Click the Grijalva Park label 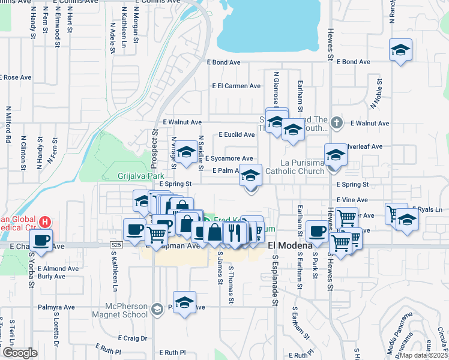(140, 176)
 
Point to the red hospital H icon (44, 222)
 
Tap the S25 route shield (116, 245)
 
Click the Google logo (20, 352)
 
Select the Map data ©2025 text (423, 355)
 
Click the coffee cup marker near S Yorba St (41, 240)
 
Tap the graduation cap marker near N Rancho (400, 50)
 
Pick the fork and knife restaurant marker (234, 232)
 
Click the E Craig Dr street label (133, 338)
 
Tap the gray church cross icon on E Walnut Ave (337, 123)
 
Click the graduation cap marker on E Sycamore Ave (186, 152)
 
